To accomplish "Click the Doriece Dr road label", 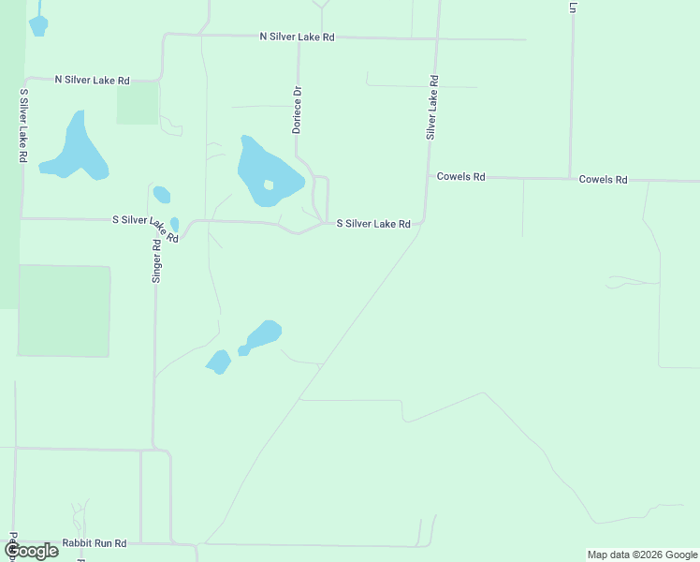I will coord(296,111).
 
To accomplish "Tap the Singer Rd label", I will coord(157,260).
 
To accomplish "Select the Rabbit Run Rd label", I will coord(94,543).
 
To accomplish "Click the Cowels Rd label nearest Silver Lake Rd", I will coord(460,176).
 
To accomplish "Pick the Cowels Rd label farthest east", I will coord(603,179).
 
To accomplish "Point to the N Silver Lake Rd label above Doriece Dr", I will coord(297,37).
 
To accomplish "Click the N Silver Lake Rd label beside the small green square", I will coord(92,81).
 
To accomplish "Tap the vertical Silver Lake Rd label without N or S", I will coord(432,108).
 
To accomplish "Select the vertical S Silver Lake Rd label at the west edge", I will coord(22,126).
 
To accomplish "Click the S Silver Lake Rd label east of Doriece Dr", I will coord(373,224).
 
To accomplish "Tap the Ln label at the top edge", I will coord(571,7).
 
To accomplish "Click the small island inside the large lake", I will coord(269,185).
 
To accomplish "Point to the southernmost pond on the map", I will coord(218,362).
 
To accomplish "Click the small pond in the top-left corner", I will coord(38,25).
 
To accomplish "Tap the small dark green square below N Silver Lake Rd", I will coord(137,102).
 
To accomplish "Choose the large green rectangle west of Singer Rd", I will coord(64,311).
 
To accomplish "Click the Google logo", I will coord(32,551).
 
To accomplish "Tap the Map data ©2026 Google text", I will coord(642,555).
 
